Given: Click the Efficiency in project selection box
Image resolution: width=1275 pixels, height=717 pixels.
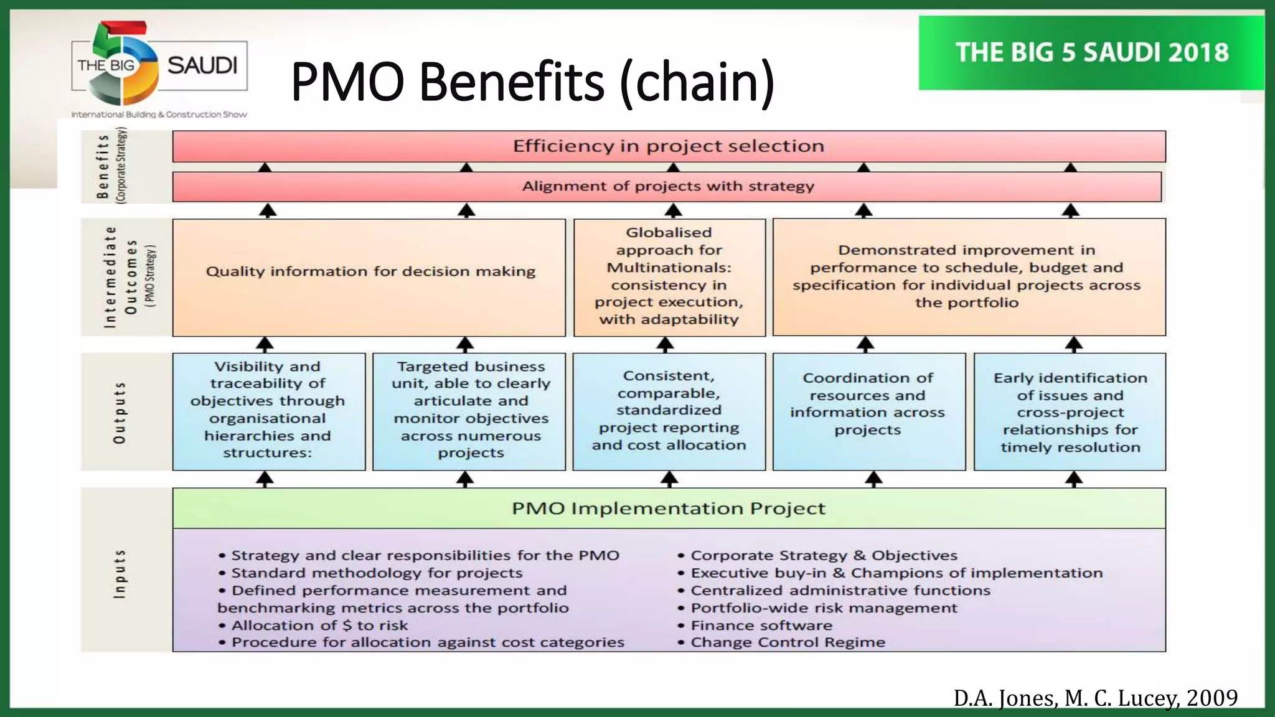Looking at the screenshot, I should (x=669, y=146).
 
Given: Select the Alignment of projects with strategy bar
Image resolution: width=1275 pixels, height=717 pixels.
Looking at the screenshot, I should (x=667, y=186).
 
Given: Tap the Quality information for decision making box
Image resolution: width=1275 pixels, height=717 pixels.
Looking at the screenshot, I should (x=370, y=272).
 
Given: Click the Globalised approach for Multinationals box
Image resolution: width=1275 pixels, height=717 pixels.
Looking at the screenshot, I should (x=669, y=276).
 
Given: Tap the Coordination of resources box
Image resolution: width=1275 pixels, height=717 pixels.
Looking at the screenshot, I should (x=868, y=405).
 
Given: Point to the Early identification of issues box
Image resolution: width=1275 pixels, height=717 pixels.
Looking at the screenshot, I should (x=1070, y=412).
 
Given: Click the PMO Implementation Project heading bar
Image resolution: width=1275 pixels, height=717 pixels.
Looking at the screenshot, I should (x=669, y=508).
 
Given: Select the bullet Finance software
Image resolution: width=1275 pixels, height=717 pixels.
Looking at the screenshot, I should (x=761, y=625).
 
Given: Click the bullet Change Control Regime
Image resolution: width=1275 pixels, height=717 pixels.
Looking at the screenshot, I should (x=788, y=642).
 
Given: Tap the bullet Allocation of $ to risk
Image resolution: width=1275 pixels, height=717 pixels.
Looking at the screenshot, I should (x=319, y=625).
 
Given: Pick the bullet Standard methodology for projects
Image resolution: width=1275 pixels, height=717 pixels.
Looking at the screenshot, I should (x=377, y=573).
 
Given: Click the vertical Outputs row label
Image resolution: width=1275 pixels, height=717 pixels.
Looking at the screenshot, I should (x=119, y=413).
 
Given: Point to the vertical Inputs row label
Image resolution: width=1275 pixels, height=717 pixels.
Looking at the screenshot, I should (x=119, y=574).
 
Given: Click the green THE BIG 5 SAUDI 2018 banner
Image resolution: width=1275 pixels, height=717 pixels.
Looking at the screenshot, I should (x=1091, y=53).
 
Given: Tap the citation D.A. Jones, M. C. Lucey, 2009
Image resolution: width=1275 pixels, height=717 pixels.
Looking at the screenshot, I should (x=1095, y=698).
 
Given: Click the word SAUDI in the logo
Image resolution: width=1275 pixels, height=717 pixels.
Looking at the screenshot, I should (x=202, y=65).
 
